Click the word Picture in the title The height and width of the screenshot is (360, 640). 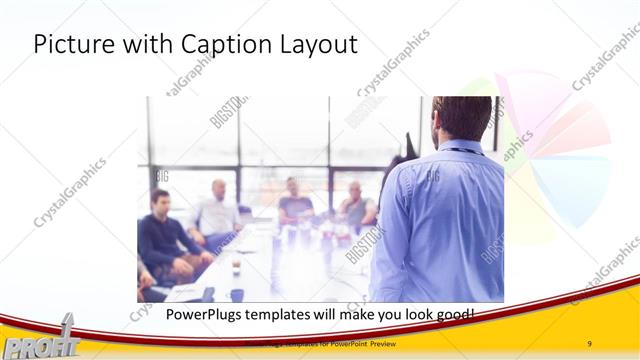pyautogui.click(x=69, y=45)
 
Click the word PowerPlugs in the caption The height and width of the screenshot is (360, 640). pyautogui.click(x=185, y=315)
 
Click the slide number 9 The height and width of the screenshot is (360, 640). pyautogui.click(x=590, y=344)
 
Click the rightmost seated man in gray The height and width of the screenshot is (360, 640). pyautogui.click(x=354, y=206)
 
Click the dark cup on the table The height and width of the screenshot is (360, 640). pyautogui.click(x=237, y=294)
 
